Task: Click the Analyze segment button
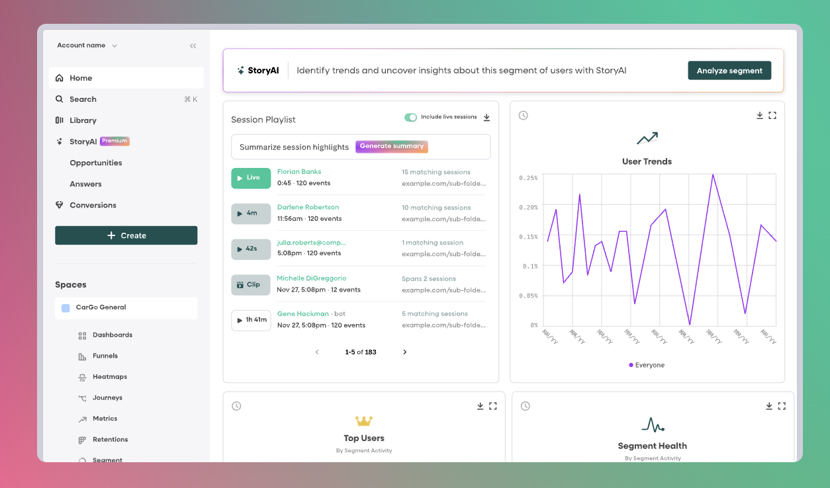coord(729,71)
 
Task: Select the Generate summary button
coord(392,146)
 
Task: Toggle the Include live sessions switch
coord(411,117)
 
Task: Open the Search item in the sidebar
coord(83,99)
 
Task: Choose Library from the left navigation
coord(83,120)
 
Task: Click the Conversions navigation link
coord(93,205)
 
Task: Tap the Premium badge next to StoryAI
coord(115,141)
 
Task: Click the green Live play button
coord(251,178)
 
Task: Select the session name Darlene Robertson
coord(308,207)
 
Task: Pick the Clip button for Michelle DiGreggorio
coord(251,284)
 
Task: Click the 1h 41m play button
coord(251,320)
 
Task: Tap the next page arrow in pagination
coord(405,352)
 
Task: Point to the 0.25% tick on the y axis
coord(529,178)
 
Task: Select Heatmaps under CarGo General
coord(109,377)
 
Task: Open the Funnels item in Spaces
coord(105,356)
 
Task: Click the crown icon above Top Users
coord(364,421)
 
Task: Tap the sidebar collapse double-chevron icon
coord(193,46)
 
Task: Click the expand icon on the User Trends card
coord(772,116)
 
